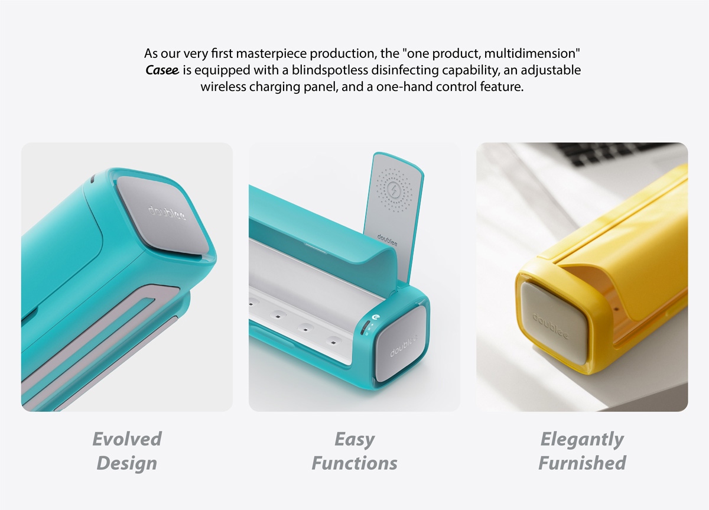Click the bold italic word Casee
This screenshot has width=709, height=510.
(x=162, y=70)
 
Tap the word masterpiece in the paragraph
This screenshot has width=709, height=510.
(x=271, y=54)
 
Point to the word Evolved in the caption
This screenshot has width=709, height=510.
(x=127, y=439)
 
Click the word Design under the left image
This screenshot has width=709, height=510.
(x=126, y=463)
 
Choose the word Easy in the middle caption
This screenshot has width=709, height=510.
(x=354, y=440)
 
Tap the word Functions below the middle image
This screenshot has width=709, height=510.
(x=354, y=463)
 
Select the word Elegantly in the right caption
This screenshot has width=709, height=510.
(x=582, y=440)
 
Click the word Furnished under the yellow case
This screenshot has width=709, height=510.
(x=582, y=463)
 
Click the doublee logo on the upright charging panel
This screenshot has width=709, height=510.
(x=387, y=241)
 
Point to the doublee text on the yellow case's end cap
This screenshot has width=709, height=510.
(x=550, y=326)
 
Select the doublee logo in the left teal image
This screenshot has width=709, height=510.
(x=167, y=213)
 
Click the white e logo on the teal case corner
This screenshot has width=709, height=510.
(x=376, y=317)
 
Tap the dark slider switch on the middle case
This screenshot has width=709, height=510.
(x=365, y=327)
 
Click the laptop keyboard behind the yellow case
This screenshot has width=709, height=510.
(x=617, y=154)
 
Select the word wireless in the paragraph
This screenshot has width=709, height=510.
(x=223, y=87)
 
